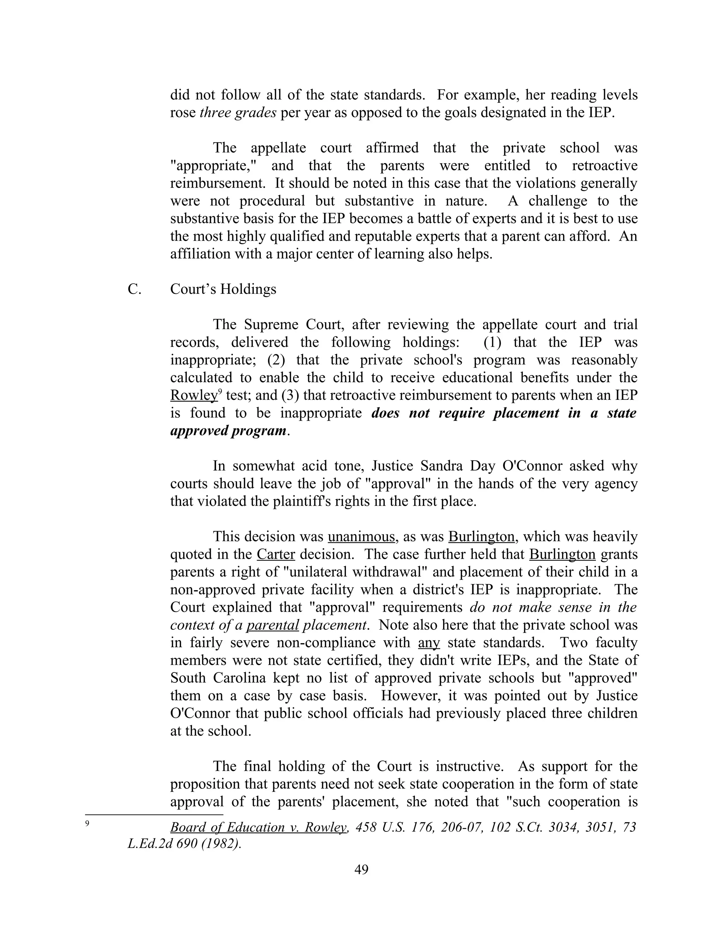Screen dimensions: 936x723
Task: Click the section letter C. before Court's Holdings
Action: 134,289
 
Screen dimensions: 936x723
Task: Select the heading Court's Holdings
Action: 223,289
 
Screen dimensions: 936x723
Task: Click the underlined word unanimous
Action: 361,537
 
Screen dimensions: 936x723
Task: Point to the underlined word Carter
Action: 276,554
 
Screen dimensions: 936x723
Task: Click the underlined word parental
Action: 273,625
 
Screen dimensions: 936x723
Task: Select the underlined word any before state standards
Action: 429,643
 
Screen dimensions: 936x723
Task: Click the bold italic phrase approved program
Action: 228,430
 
